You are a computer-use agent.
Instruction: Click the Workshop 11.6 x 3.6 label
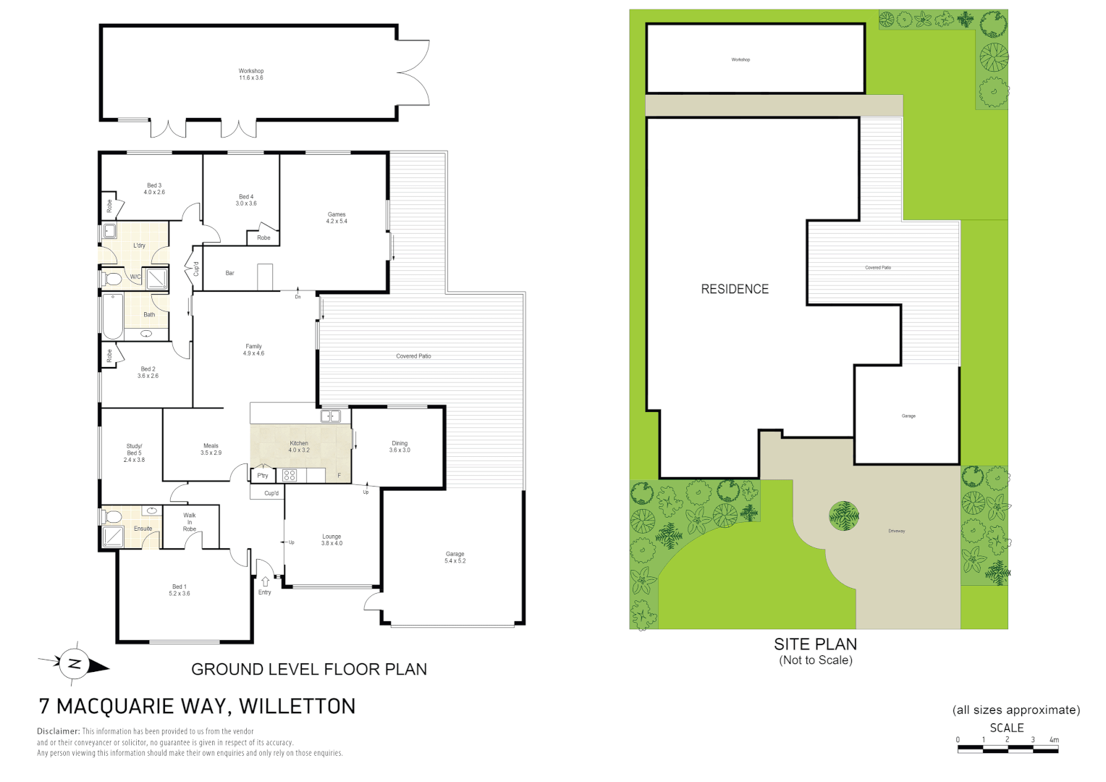pyautogui.click(x=251, y=75)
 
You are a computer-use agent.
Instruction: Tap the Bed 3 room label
pyautogui.click(x=154, y=189)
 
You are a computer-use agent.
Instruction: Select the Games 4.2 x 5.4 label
pyautogui.click(x=337, y=218)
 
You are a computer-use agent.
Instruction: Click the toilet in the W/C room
pyautogui.click(x=113, y=279)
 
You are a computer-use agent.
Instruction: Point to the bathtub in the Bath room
pyautogui.click(x=112, y=316)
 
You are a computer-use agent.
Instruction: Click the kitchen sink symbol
pyautogui.click(x=330, y=416)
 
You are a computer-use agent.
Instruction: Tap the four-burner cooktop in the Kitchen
pyautogui.click(x=290, y=476)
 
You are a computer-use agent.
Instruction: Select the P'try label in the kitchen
pyautogui.click(x=263, y=476)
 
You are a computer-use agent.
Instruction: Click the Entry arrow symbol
pyautogui.click(x=265, y=581)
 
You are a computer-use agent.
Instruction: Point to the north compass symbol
pyautogui.click(x=74, y=663)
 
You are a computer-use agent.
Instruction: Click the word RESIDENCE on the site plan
pyautogui.click(x=735, y=290)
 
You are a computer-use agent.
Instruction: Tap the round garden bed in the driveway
pyautogui.click(x=844, y=516)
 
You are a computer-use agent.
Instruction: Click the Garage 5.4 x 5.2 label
pyautogui.click(x=455, y=558)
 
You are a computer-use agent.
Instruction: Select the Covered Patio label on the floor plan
pyautogui.click(x=413, y=356)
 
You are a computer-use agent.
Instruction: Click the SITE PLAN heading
pyautogui.click(x=815, y=644)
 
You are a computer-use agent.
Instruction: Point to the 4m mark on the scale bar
pyautogui.click(x=1054, y=740)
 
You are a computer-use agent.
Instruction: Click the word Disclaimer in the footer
pyautogui.click(x=58, y=731)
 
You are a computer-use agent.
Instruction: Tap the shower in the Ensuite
pyautogui.click(x=113, y=537)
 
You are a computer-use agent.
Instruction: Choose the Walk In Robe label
pyautogui.click(x=190, y=522)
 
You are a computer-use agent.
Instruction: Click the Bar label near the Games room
pyautogui.click(x=229, y=273)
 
